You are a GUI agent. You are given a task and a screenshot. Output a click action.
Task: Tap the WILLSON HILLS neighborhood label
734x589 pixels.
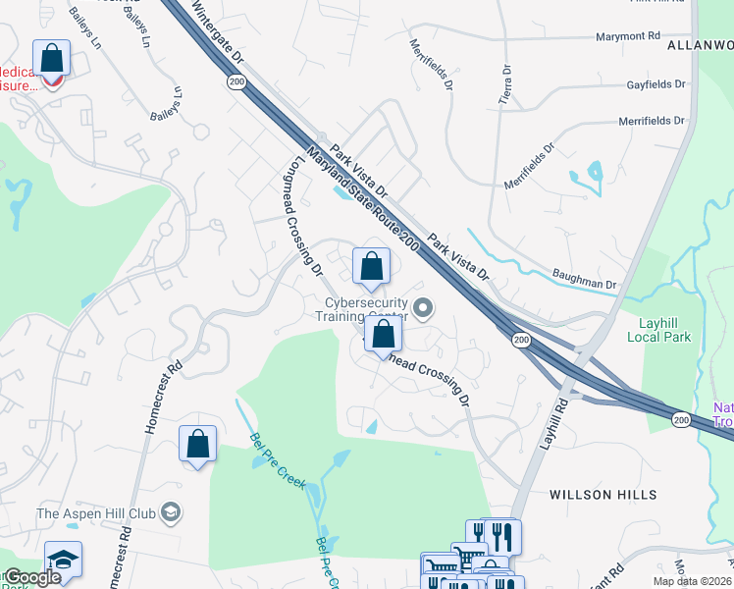602,495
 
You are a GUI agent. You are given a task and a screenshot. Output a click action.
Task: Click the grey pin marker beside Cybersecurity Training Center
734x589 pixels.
424,310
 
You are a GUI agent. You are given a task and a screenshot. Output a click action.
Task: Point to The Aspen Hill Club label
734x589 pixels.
96,513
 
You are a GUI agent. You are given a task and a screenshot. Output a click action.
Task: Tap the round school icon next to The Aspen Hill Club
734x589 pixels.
171,512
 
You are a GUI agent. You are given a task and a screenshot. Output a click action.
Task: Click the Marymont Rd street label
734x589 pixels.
629,36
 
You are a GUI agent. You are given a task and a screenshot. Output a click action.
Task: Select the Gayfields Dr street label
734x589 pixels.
655,85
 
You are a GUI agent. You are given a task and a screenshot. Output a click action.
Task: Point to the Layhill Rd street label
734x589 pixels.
553,423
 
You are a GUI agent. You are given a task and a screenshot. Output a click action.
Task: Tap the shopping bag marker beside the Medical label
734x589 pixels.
50,61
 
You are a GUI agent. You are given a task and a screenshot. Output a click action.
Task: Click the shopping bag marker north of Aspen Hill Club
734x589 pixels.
197,444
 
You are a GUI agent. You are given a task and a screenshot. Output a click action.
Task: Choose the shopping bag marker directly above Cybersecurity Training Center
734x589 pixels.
371,266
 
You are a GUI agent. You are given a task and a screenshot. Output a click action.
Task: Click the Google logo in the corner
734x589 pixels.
32,578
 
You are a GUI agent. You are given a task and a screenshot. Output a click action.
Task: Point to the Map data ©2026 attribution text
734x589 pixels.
693,581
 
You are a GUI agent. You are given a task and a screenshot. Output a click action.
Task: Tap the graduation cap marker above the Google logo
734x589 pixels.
63,560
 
